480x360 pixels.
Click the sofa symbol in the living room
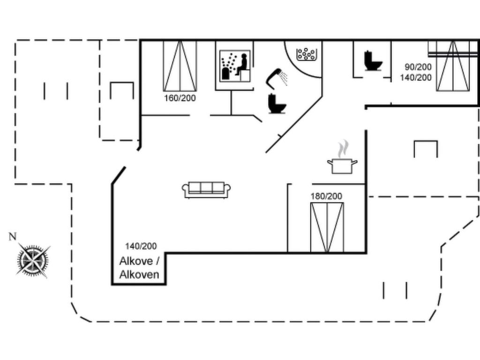206,190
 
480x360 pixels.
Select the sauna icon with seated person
235,66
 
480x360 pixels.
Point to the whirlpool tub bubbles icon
307,54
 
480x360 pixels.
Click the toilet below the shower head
277,104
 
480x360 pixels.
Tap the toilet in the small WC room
373,61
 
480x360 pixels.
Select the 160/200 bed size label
180,98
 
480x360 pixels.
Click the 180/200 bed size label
326,196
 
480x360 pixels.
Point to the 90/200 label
418,67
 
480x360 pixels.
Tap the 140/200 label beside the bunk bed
415,77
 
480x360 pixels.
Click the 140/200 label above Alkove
141,246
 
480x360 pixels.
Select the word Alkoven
139,275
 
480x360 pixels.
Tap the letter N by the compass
12,236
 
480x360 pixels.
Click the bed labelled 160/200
180,66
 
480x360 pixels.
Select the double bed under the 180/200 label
327,227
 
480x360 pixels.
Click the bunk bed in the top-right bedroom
453,66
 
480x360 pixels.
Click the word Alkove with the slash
139,261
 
